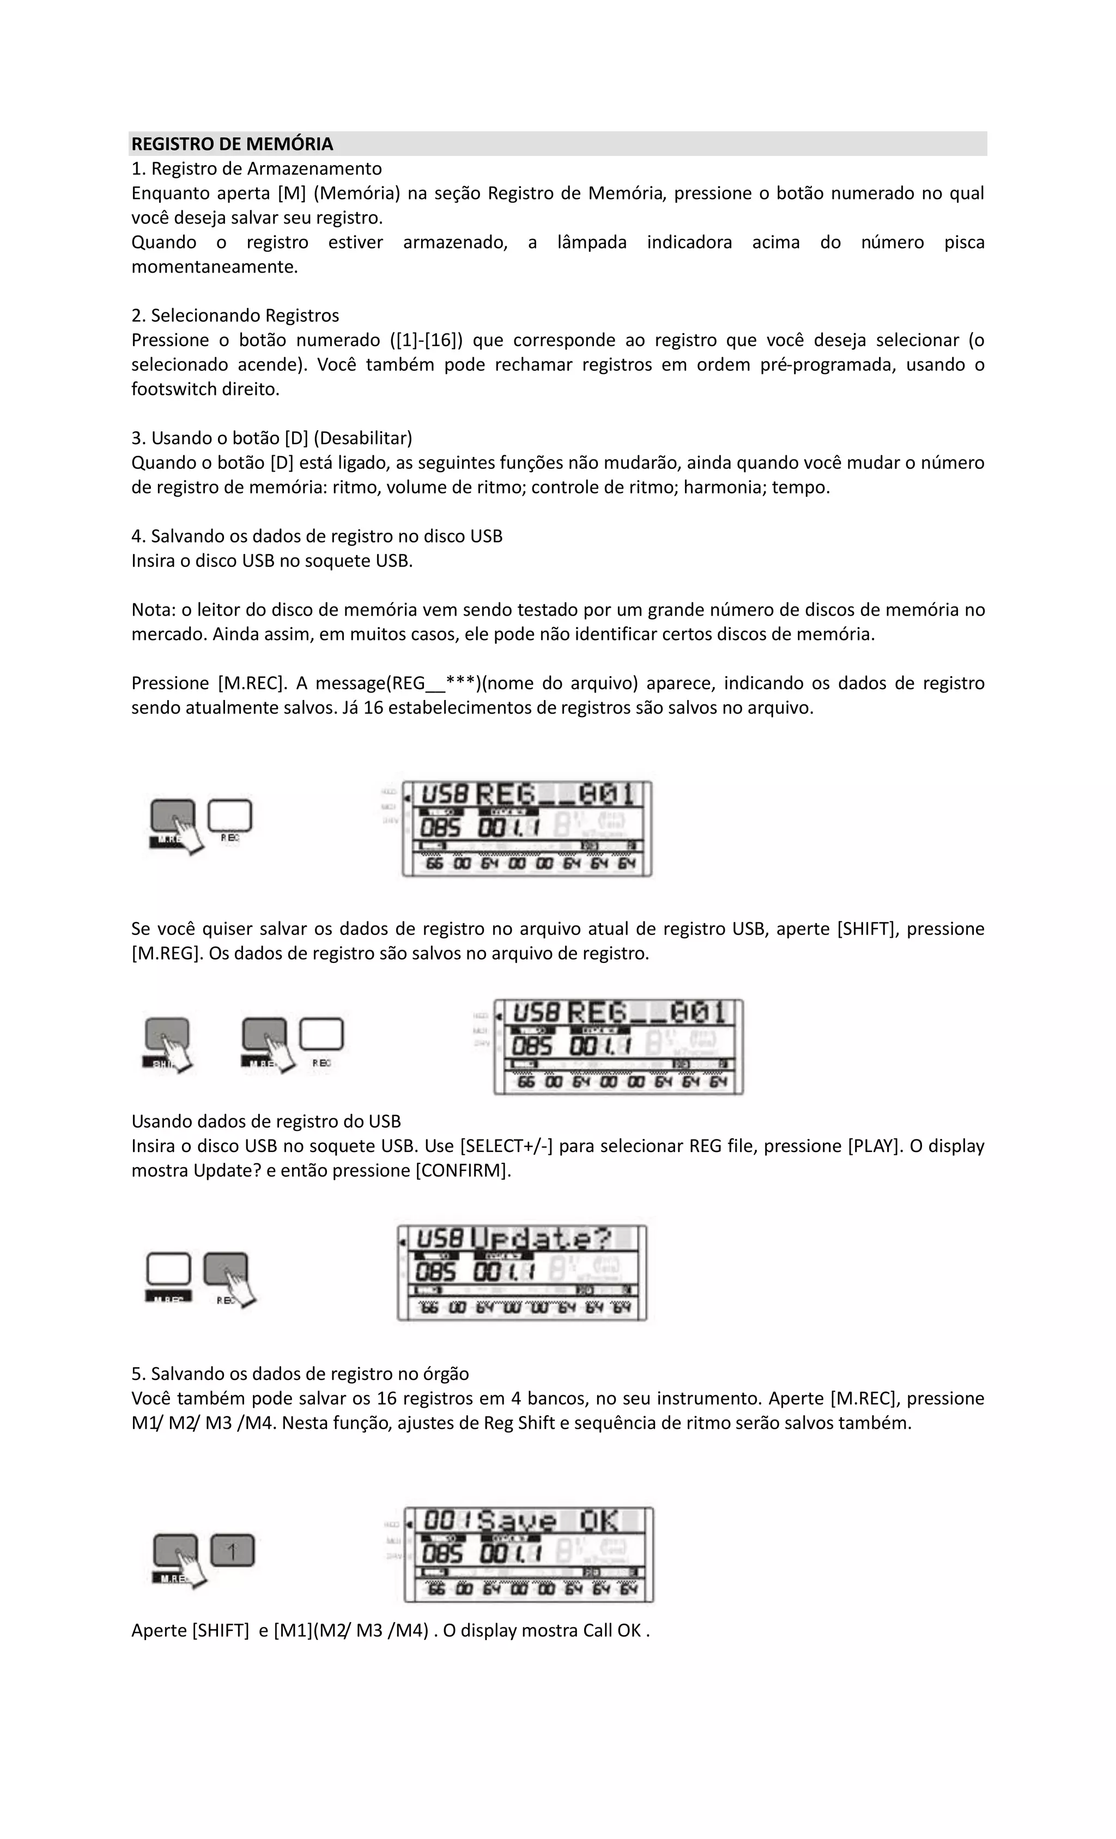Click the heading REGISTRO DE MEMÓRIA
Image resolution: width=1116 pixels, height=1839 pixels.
click(x=232, y=144)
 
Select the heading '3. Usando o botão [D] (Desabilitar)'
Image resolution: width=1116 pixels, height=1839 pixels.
click(x=271, y=438)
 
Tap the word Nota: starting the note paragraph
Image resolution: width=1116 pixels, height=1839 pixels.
click(x=153, y=610)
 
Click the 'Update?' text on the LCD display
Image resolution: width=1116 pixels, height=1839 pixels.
click(x=542, y=1240)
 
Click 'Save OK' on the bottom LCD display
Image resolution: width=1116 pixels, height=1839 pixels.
click(x=548, y=1521)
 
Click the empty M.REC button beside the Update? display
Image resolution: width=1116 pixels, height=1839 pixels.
click(x=168, y=1269)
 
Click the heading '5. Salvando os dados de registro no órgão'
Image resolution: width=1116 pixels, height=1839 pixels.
click(x=300, y=1374)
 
